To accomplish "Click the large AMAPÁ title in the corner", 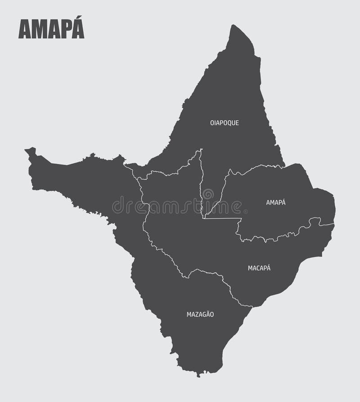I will click(51, 30).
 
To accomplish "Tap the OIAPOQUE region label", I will click(224, 122).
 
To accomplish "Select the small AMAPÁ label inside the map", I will click(276, 203).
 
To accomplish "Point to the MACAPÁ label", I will click(259, 268).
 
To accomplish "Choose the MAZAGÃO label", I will click(200, 315).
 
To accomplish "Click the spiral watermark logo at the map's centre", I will click(207, 194).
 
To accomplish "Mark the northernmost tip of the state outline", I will click(234, 26).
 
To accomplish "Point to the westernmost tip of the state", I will click(26, 150).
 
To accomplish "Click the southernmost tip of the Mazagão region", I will click(197, 375).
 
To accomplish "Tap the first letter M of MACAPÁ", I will click(250, 268).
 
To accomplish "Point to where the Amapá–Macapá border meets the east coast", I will click(334, 224).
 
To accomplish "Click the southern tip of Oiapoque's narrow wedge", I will click(204, 218).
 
